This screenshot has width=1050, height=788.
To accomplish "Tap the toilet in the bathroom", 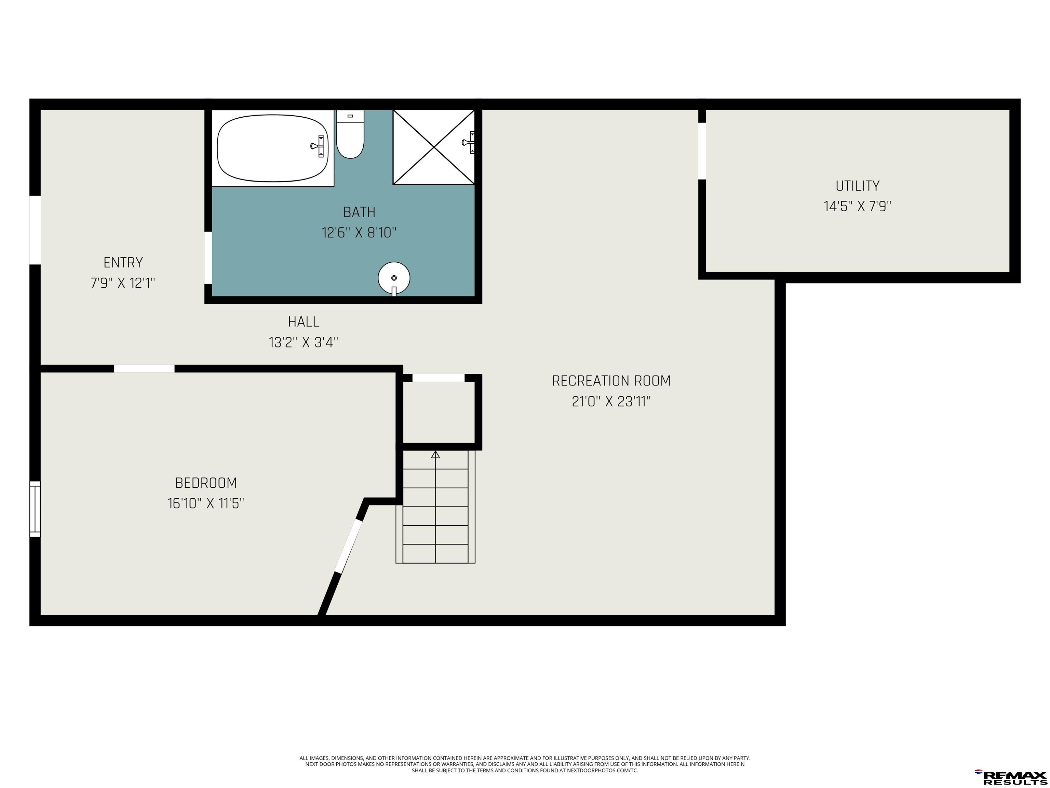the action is tap(350, 134).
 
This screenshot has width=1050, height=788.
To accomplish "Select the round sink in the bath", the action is tap(394, 279).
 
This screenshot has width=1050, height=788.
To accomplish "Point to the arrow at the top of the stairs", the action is tap(435, 455).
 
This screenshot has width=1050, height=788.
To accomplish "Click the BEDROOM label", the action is tap(206, 483).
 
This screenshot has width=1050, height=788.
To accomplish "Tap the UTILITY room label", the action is tap(857, 186).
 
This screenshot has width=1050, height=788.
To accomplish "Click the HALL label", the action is tap(304, 322).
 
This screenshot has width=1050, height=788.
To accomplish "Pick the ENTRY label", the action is tap(123, 263).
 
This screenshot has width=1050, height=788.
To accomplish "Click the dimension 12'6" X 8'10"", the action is tap(359, 233).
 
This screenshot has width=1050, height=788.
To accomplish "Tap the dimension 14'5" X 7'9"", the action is tap(857, 207).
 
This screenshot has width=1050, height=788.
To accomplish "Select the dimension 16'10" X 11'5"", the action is tap(206, 503).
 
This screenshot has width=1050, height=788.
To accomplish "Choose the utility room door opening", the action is tap(702, 151).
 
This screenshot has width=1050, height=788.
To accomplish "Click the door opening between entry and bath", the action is tap(208, 258).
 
